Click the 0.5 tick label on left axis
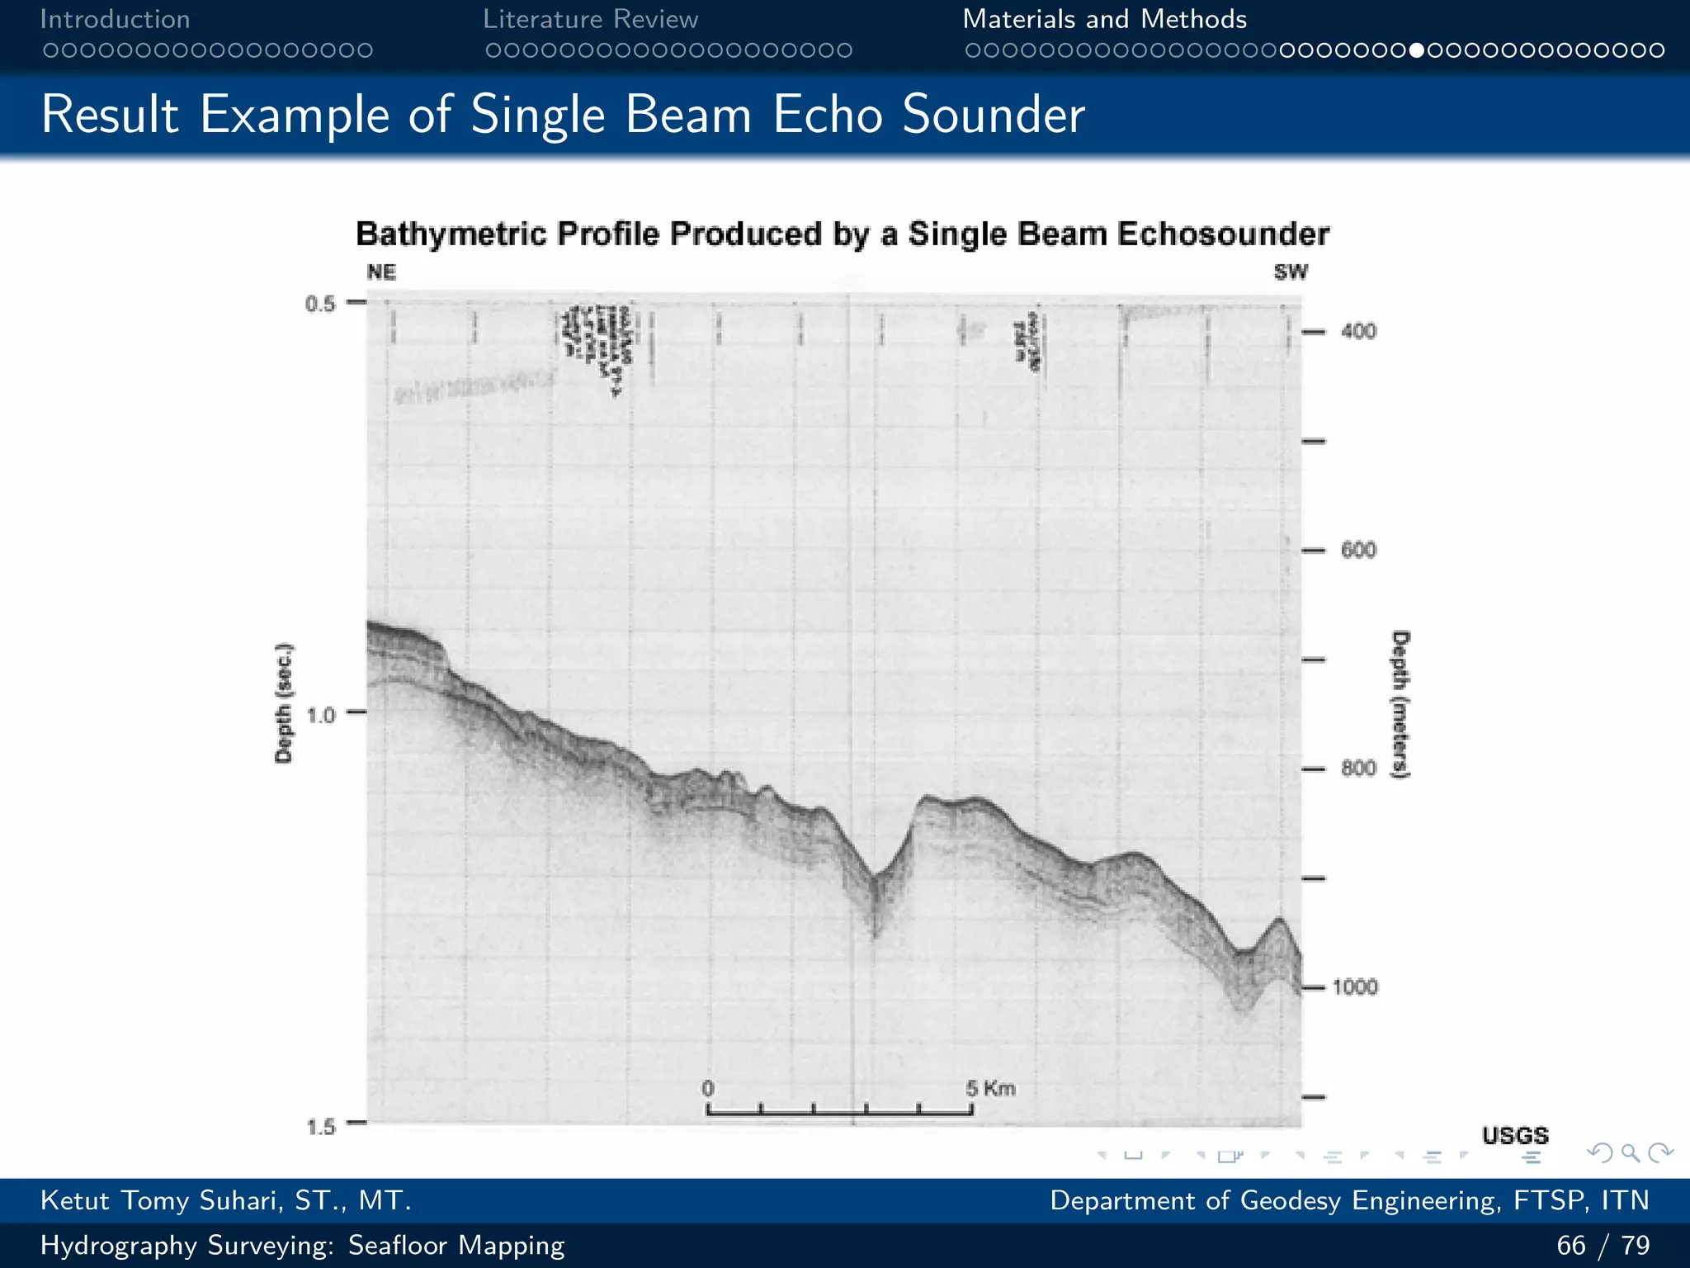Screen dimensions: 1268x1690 [320, 304]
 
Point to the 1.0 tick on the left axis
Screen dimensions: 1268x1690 [321, 714]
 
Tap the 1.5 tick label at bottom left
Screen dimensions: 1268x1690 [321, 1126]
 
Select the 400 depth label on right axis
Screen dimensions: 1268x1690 [1358, 332]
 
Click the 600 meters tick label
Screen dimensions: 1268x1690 [1358, 551]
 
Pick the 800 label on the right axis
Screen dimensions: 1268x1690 [1358, 769]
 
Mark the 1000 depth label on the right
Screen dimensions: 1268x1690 [1355, 987]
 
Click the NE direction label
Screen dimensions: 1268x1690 [381, 272]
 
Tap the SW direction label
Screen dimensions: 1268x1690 [1291, 272]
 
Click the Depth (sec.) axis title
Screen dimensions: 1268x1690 [284, 703]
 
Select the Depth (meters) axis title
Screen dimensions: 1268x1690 [1401, 704]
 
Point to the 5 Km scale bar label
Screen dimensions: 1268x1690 [990, 1089]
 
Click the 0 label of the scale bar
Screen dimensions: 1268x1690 [708, 1089]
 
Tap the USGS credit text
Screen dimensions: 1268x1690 [1515, 1136]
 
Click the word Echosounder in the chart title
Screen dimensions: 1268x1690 [1223, 234]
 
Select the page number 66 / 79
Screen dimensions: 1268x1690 [1603, 1245]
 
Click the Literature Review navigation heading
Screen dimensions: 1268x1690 [590, 19]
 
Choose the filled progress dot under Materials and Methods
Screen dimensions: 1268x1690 [1417, 50]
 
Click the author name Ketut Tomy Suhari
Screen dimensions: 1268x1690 [225, 1200]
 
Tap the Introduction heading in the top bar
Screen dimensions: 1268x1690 [115, 19]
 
